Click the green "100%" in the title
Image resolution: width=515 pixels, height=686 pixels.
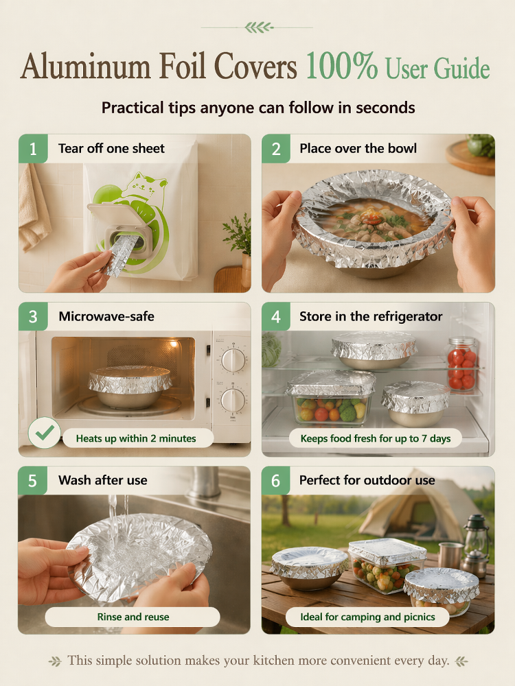tap(341, 66)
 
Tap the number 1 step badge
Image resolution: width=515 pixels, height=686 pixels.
tap(33, 149)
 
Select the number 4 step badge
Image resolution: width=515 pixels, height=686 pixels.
tap(276, 316)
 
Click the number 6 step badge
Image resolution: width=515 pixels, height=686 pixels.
tap(275, 480)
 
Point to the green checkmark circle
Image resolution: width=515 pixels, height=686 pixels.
tap(44, 433)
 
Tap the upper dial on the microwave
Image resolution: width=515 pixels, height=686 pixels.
tap(233, 360)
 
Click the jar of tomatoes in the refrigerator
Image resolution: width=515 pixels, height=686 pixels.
tap(461, 363)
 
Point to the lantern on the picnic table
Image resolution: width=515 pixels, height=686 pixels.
tap(476, 545)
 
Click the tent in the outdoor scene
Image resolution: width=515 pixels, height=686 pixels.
tap(416, 508)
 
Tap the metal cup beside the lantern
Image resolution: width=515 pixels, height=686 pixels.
tap(450, 556)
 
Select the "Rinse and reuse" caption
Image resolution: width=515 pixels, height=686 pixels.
tap(133, 617)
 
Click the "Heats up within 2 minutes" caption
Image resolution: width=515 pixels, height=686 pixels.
tap(136, 438)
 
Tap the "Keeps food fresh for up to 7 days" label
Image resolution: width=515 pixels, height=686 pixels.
tap(376, 438)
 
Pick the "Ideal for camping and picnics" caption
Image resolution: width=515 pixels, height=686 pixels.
tap(367, 617)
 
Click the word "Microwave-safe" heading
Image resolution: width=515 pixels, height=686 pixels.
tap(106, 316)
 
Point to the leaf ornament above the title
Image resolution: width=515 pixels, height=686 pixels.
tap(258, 27)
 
